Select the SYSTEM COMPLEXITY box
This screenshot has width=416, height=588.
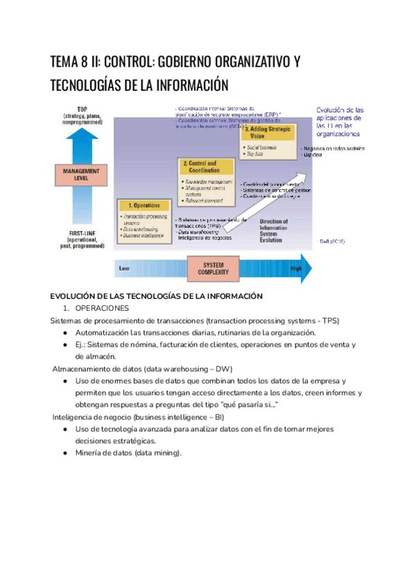coord(214,268)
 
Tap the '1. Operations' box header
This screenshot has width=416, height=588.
coord(144,205)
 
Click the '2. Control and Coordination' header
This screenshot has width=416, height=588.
coord(203,166)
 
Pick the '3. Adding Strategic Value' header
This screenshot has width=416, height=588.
coord(267,132)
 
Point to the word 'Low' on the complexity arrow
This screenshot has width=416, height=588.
coord(125,268)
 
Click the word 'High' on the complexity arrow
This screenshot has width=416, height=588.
coord(296,268)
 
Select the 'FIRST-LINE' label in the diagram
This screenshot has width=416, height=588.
coord(82,233)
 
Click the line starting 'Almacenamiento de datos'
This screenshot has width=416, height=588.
coord(143,368)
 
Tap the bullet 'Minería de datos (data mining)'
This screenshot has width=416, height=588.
coord(129,453)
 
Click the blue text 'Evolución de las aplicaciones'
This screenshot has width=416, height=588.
coord(340,118)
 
